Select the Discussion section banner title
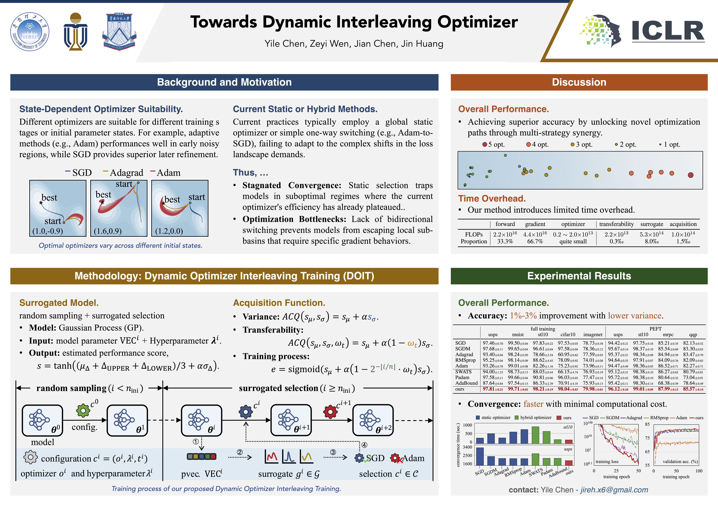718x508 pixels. pyautogui.click(x=579, y=82)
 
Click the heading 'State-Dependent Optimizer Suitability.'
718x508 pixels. pyautogui.click(x=101, y=109)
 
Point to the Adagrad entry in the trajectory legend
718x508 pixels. pyautogui.click(x=123, y=173)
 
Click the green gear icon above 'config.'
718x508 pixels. pyautogui.click(x=83, y=410)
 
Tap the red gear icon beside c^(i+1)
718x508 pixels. pyautogui.click(x=330, y=412)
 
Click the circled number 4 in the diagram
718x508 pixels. pyautogui.click(x=364, y=445)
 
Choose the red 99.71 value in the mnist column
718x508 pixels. pyautogui.click(x=517, y=389)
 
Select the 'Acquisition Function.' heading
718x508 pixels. pyautogui.click(x=279, y=303)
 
